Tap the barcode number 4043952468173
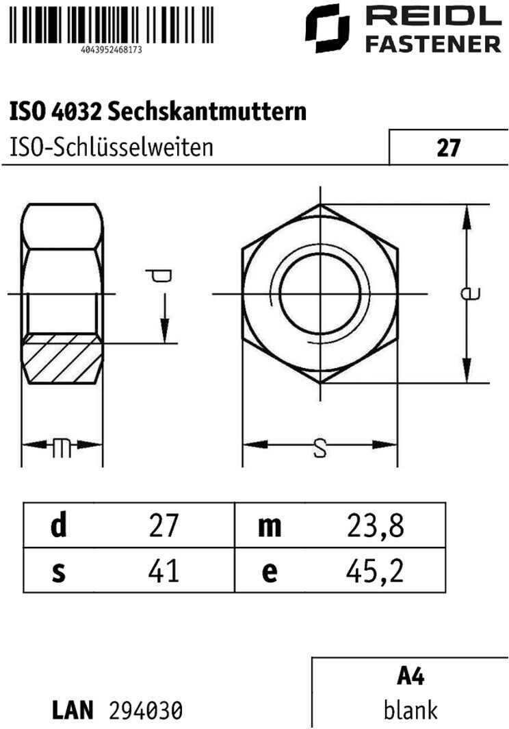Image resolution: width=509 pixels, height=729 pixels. click(112, 49)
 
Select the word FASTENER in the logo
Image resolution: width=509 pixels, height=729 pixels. click(433, 45)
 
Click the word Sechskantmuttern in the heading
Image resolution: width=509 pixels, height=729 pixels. click(207, 111)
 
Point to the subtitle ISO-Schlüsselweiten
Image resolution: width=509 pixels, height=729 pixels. click(112, 147)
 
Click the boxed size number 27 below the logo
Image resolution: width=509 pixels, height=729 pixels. click(447, 147)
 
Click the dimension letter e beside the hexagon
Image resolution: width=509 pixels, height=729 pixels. click(470, 293)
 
